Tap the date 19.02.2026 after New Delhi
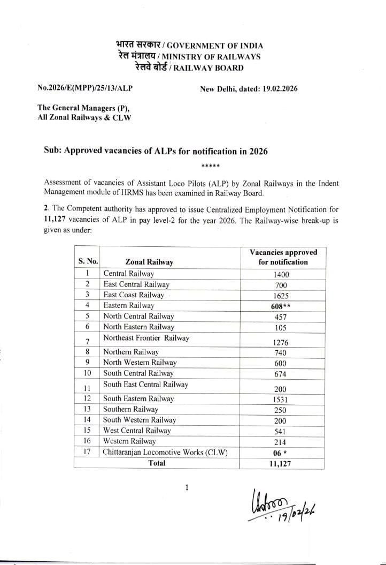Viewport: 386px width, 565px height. [x=278, y=89]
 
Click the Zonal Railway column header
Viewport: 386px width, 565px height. [x=149, y=262]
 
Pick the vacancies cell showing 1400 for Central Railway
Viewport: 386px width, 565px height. [x=284, y=274]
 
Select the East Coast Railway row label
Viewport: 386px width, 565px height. [x=134, y=295]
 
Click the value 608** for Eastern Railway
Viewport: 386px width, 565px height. [x=284, y=306]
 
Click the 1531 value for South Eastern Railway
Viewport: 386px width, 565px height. [x=284, y=399]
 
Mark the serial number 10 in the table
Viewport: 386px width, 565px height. [x=87, y=373]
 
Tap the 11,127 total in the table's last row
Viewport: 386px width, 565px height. [x=284, y=464]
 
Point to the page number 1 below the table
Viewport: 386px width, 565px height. [x=187, y=487]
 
